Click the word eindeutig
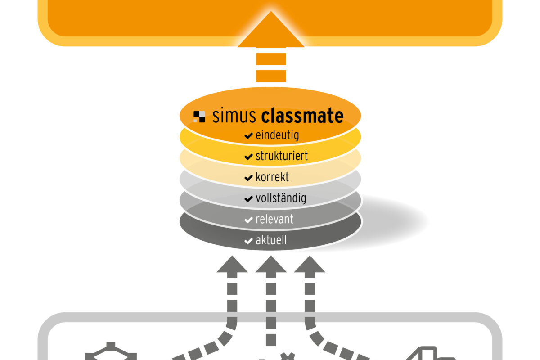pyautogui.click(x=277, y=135)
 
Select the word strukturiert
pyautogui.click(x=282, y=156)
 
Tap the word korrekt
pyautogui.click(x=272, y=177)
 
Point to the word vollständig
pyautogui.click(x=281, y=198)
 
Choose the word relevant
pyautogui.click(x=274, y=220)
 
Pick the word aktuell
pyautogui.click(x=271, y=241)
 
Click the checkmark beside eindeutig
pyautogui.click(x=248, y=135)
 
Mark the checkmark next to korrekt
pyautogui.click(x=248, y=178)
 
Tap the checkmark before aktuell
pyautogui.click(x=248, y=241)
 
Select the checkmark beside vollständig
pyautogui.click(x=248, y=199)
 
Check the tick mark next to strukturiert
pyautogui.click(x=248, y=157)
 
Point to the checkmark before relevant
pyautogui.click(x=248, y=220)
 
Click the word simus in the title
pyautogui.click(x=235, y=116)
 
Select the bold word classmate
pyautogui.click(x=302, y=116)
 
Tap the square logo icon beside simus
pyautogui.click(x=199, y=117)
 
